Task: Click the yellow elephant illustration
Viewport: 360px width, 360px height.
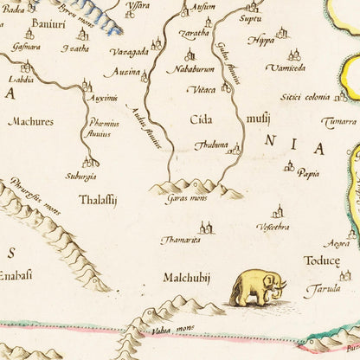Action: coord(256,287)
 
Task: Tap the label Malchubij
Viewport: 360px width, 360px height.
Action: coord(187,278)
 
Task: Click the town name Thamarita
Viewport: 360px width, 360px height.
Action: coord(180,240)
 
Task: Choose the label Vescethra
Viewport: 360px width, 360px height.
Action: coord(273,227)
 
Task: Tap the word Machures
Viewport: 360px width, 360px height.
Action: coord(30,122)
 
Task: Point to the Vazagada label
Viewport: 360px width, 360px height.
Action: coord(130,52)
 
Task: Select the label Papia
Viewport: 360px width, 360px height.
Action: coord(308,173)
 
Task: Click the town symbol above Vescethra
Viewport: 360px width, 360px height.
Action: coord(277,211)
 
